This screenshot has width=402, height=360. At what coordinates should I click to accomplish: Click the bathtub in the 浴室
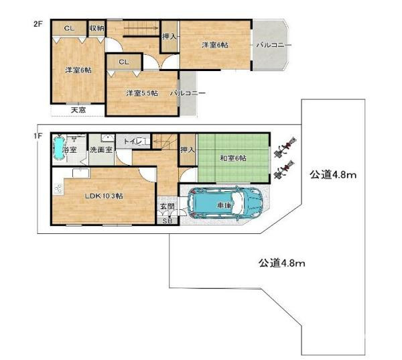pyautogui.click(x=58, y=148)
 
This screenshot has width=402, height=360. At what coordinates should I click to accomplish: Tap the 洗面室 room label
pyautogui.click(x=101, y=150)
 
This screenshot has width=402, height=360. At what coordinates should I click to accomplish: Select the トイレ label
pyautogui.click(x=133, y=141)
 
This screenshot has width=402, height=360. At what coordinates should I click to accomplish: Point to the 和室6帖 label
pyautogui.click(x=233, y=158)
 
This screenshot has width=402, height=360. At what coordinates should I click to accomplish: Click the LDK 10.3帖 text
pyautogui.click(x=104, y=196)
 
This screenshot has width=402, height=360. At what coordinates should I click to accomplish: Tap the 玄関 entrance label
pyautogui.click(x=167, y=206)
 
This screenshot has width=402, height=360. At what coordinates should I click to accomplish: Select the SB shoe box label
pyautogui.click(x=167, y=221)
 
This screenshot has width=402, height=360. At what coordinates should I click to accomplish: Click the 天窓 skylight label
pyautogui.click(x=78, y=110)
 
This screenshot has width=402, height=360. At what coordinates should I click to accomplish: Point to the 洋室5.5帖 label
pyautogui.click(x=142, y=93)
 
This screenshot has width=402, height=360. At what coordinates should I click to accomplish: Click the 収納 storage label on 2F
pyautogui.click(x=97, y=28)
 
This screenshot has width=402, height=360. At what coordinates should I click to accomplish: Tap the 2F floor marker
pyautogui.click(x=38, y=24)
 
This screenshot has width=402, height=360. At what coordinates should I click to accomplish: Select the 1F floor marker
pyautogui.click(x=37, y=135)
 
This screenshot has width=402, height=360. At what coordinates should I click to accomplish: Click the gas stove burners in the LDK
pyautogui.click(x=58, y=189)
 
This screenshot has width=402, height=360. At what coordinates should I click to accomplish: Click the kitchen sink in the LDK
pyautogui.click(x=81, y=173)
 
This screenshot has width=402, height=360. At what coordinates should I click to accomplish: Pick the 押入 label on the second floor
pyautogui.click(x=170, y=37)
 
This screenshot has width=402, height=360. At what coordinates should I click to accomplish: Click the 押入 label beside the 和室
pyautogui.click(x=188, y=149)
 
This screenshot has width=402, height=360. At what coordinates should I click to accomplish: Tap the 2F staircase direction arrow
pyautogui.click(x=141, y=28)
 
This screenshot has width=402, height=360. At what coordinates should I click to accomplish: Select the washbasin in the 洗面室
pyautogui.click(x=108, y=138)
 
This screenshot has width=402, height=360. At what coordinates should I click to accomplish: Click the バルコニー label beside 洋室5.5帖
pyautogui.click(x=188, y=93)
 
